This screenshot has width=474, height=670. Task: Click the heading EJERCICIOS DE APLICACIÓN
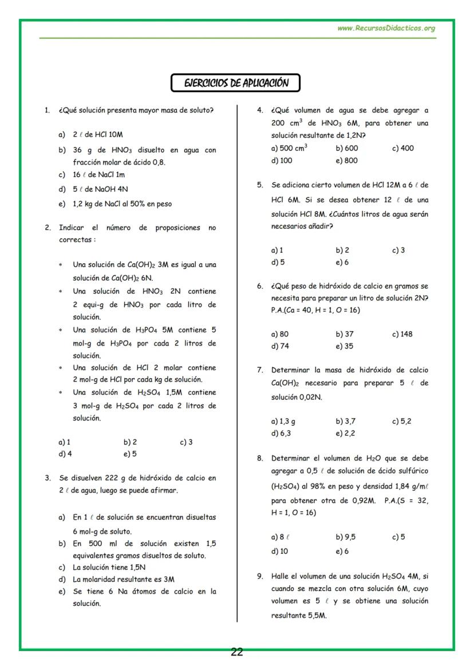(x=235, y=83)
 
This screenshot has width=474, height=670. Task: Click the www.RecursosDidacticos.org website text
(x=386, y=28)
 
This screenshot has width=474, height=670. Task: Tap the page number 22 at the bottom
(x=236, y=652)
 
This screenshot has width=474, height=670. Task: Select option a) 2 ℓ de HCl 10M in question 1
(x=90, y=134)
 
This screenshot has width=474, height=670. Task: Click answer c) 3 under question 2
(x=186, y=442)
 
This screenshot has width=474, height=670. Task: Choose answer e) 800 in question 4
(x=346, y=160)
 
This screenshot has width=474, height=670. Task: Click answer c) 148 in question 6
(x=402, y=334)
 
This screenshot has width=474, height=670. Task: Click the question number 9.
(x=259, y=576)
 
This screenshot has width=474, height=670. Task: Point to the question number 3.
(x=48, y=478)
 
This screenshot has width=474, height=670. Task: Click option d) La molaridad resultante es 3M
(x=123, y=579)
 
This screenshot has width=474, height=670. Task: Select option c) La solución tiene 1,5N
(x=109, y=568)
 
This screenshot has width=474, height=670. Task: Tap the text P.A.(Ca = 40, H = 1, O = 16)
(x=315, y=310)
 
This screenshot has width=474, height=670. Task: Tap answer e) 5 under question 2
(x=130, y=454)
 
